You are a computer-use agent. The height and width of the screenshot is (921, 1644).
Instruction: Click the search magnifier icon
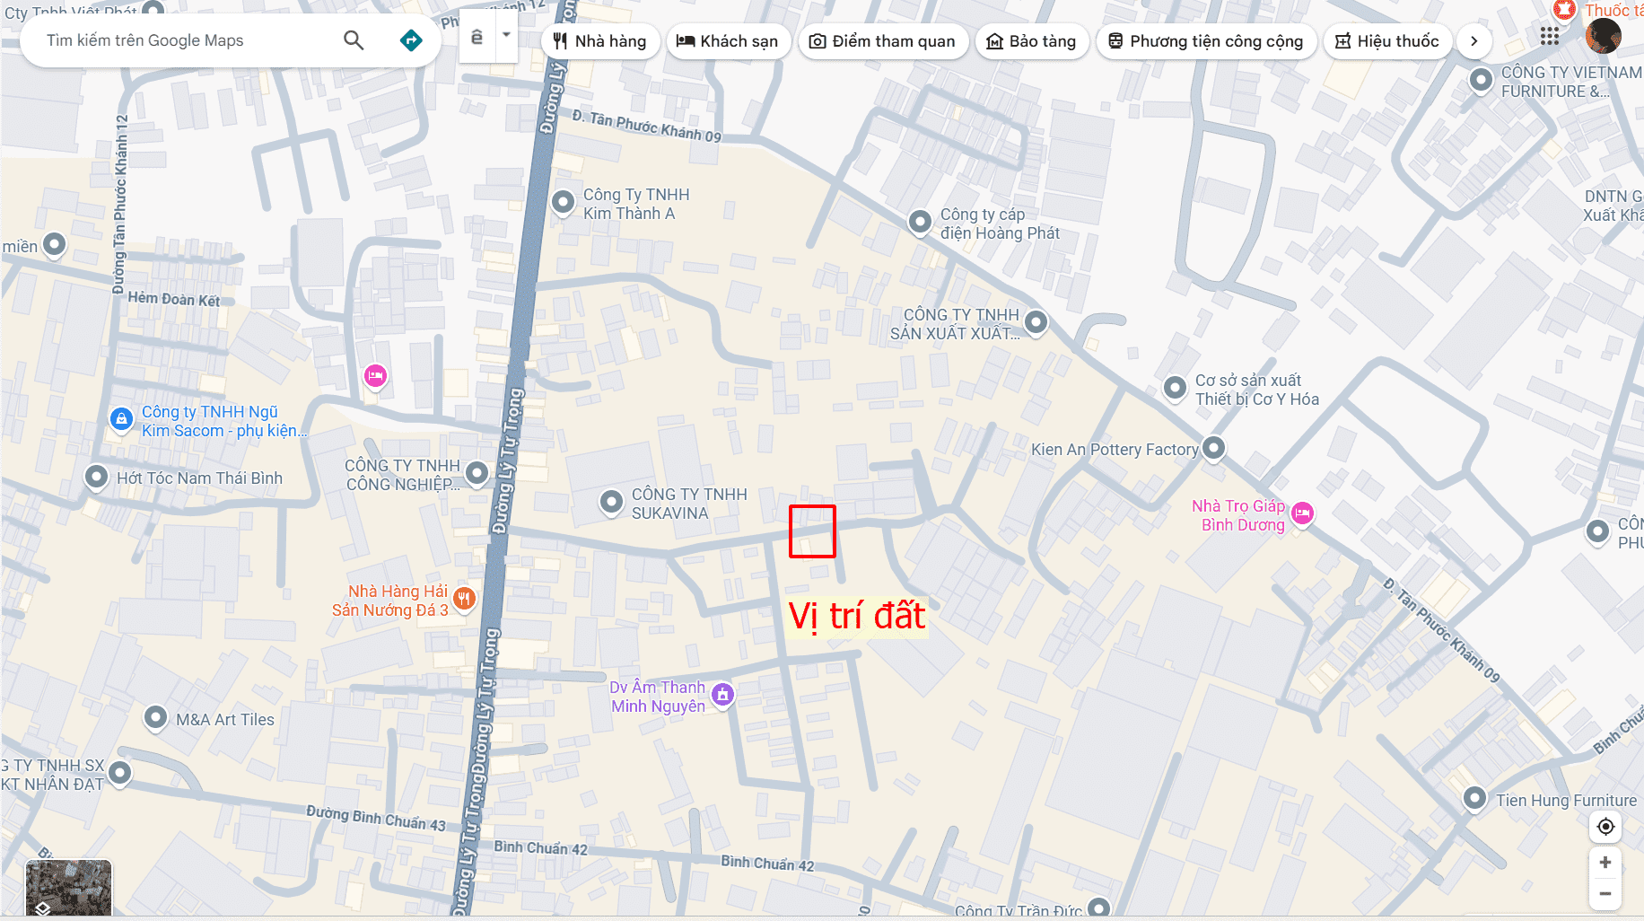pyautogui.click(x=354, y=40)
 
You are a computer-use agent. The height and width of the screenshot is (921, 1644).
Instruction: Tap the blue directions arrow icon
pyautogui.click(x=411, y=40)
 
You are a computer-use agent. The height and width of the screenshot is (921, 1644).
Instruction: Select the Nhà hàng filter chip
pyautogui.click(x=599, y=41)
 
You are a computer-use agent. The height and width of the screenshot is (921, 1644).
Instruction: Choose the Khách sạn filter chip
pyautogui.click(x=727, y=41)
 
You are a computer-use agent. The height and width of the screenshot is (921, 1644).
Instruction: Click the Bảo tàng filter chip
pyautogui.click(x=1031, y=41)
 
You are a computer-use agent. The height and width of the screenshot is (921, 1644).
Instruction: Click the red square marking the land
pyautogui.click(x=812, y=531)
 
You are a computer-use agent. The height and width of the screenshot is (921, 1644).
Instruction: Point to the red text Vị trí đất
pyautogui.click(x=856, y=617)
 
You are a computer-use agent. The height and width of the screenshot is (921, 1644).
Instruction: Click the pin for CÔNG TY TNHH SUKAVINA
pyautogui.click(x=611, y=501)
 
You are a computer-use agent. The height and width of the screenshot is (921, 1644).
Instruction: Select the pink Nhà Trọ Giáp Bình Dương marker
pyautogui.click(x=1302, y=513)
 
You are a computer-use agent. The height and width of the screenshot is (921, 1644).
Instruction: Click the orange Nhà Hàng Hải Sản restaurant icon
pyautogui.click(x=464, y=598)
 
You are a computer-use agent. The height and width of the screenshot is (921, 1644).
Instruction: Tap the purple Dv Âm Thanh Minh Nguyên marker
pyautogui.click(x=722, y=694)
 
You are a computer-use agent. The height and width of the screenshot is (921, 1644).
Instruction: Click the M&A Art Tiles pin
pyautogui.click(x=156, y=717)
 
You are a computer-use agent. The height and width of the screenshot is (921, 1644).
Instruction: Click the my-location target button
pyautogui.click(x=1605, y=827)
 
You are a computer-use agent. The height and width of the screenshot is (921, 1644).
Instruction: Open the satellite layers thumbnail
pyautogui.click(x=68, y=887)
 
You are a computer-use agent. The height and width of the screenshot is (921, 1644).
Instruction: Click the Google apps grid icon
pyautogui.click(x=1550, y=36)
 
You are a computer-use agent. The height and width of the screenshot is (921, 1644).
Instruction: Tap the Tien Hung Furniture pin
pyautogui.click(x=1474, y=797)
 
